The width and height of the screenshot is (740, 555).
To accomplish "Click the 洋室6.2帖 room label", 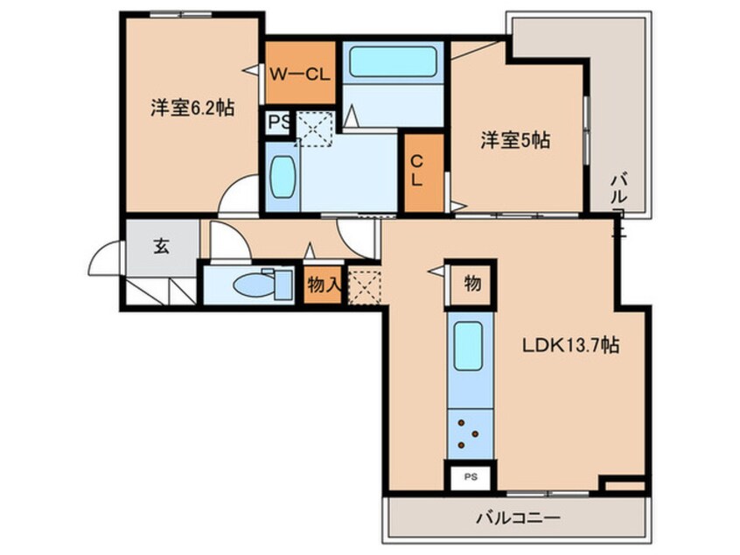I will pyautogui.click(x=192, y=109).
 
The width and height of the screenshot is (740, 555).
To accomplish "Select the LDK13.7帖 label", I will pyautogui.click(x=572, y=345).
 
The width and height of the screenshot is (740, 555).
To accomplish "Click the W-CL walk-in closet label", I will pyautogui.click(x=299, y=74).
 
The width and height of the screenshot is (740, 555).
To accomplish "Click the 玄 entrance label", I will pyautogui.click(x=162, y=246).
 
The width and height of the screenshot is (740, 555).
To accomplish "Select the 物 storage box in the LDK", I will pyautogui.click(x=471, y=283).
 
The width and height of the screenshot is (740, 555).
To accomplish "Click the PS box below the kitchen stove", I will pyautogui.click(x=471, y=478).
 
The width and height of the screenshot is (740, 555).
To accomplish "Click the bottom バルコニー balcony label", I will pyautogui.click(x=516, y=516).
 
